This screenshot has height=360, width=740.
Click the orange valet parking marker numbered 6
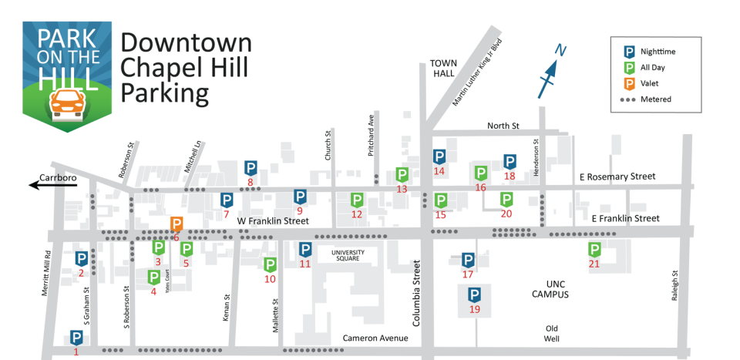177,224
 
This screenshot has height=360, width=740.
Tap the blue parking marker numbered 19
474,294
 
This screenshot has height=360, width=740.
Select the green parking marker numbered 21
595,249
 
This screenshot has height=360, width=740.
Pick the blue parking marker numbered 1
76,338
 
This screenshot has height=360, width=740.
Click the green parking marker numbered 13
402,174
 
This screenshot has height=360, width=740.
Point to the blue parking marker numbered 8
251,167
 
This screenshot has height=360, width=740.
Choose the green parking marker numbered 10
270,264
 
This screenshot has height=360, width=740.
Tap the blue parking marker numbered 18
510,161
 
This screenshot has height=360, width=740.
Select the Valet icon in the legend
629,83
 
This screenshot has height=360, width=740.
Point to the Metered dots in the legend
629,99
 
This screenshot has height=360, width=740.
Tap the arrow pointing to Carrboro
42,184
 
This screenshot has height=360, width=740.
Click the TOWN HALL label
444,69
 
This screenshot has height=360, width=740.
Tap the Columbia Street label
417,292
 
